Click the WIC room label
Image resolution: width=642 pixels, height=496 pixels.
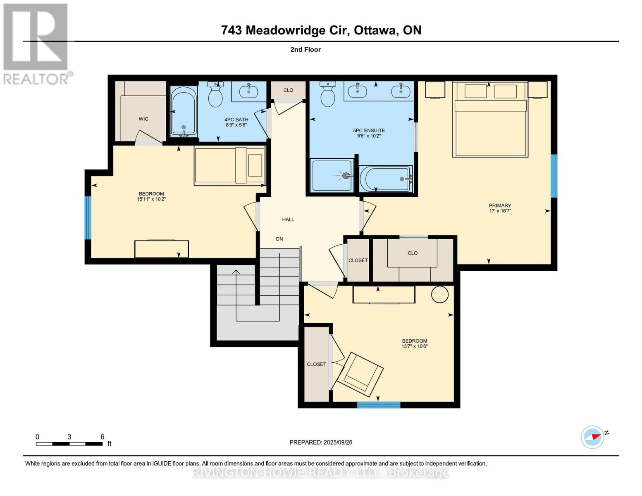pyautogui.click(x=143, y=119)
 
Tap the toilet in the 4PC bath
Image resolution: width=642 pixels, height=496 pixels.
pyautogui.click(x=215, y=95)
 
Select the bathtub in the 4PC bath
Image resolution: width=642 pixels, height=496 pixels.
pyautogui.click(x=183, y=112)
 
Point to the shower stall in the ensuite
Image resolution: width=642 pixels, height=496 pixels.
pyautogui.click(x=332, y=176)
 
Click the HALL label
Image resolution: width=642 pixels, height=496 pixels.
pyautogui.click(x=288, y=219)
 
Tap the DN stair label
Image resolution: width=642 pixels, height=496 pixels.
pyautogui.click(x=280, y=239)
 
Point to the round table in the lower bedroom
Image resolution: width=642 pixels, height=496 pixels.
pyautogui.click(x=439, y=295)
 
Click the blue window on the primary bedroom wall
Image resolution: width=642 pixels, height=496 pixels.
pyautogui.click(x=554, y=176)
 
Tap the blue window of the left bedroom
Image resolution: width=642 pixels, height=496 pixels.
pyautogui.click(x=88, y=218)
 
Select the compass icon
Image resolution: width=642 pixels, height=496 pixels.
pyautogui.click(x=592, y=437)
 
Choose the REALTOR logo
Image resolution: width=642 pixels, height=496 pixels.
pyautogui.click(x=36, y=44)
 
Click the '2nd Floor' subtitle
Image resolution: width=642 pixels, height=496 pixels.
pyautogui.click(x=305, y=50)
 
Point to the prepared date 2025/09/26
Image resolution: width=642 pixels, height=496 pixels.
pyautogui.click(x=321, y=442)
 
